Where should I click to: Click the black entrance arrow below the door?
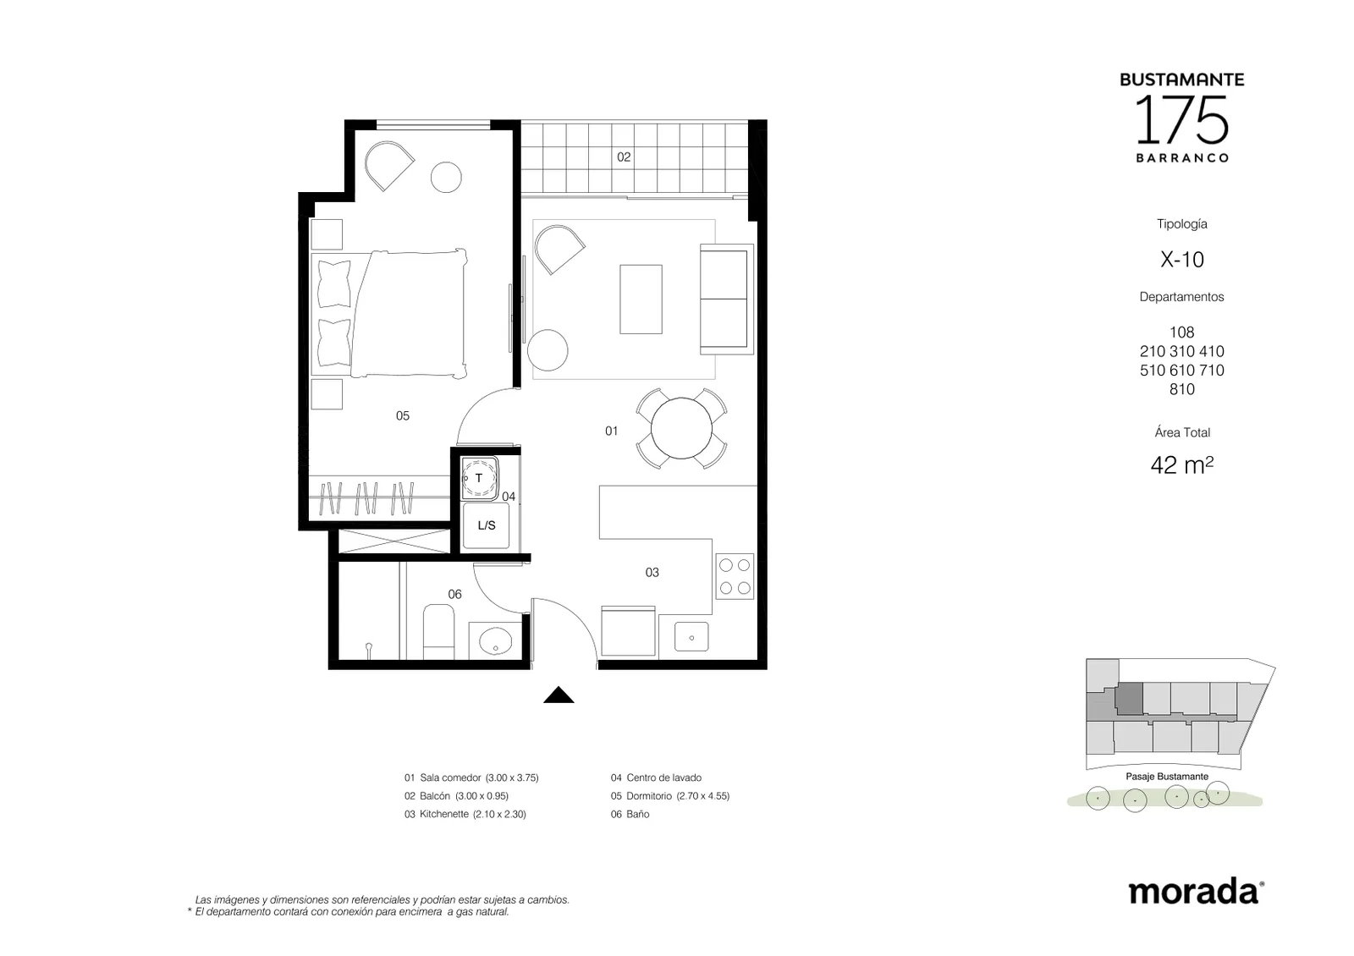[559, 695]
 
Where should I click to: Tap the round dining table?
[681, 428]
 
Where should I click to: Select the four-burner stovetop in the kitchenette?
[735, 576]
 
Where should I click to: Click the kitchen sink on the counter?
[691, 636]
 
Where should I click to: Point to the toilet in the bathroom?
[439, 631]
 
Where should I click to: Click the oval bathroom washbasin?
[496, 641]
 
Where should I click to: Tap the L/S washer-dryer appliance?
[486, 525]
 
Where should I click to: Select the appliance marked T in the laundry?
[480, 478]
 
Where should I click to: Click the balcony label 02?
[624, 157]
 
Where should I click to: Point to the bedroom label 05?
[403, 415]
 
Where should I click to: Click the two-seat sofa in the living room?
[727, 299]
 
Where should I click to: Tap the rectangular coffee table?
[641, 299]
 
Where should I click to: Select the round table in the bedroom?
[446, 177]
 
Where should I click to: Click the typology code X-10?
[1181, 259]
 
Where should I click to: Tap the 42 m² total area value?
[1181, 465]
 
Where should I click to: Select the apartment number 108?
[1181, 332]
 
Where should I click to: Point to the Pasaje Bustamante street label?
[1167, 777]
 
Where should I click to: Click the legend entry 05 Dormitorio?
[669, 796]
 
